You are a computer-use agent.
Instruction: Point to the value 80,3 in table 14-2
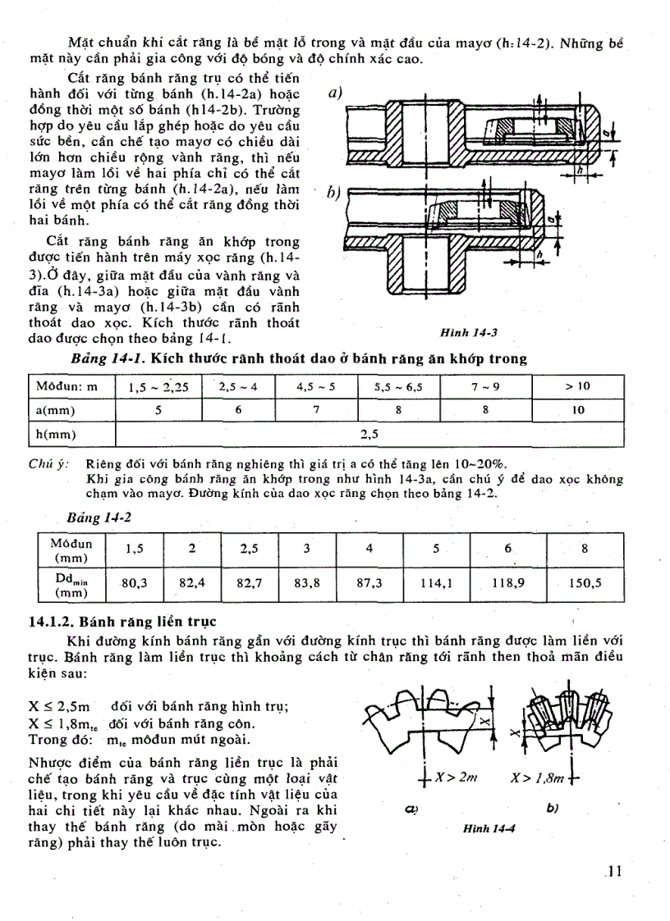134,583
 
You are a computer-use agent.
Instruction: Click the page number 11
613,872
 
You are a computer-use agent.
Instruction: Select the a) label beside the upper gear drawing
334,94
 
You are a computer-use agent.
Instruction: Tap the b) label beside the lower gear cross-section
334,193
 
